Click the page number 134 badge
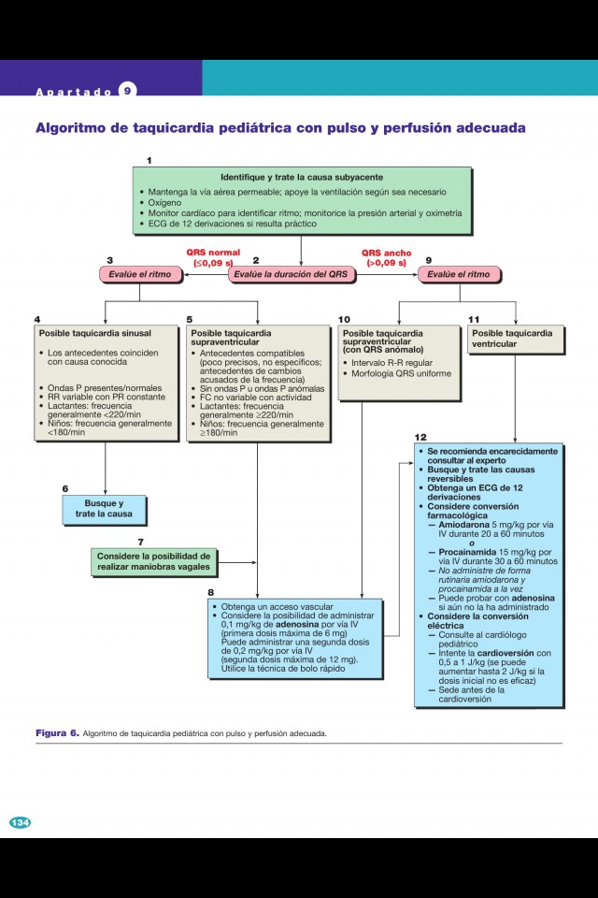pyautogui.click(x=20, y=822)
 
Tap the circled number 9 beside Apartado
pyautogui.click(x=127, y=91)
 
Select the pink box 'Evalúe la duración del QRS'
pyautogui.click(x=291, y=274)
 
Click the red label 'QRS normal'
pyautogui.click(x=213, y=252)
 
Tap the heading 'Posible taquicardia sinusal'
pyautogui.click(x=94, y=332)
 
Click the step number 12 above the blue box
pyautogui.click(x=420, y=437)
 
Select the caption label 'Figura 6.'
pyautogui.click(x=57, y=732)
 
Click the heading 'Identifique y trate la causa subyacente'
pyautogui.click(x=302, y=177)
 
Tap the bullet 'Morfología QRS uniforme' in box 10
pyautogui.click(x=401, y=373)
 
